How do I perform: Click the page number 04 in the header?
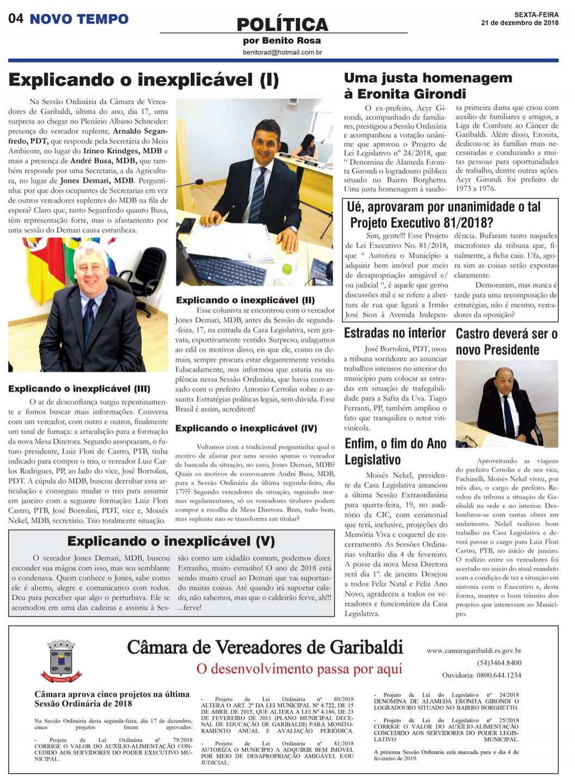pos(16,19)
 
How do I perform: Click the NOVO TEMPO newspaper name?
pos(79,20)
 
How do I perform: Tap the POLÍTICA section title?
pos(283,24)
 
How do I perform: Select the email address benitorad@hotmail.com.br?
pos(283,52)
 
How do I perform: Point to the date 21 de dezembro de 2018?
pos(520,23)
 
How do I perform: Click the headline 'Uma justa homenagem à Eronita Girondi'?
pos(428,85)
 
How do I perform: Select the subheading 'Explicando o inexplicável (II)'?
pos(245,300)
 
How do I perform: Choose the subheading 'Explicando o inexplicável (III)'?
pos(79,388)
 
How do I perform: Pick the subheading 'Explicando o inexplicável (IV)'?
pos(246,428)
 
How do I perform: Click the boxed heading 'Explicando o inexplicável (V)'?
pos(171,541)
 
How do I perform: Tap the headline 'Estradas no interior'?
pos(395,333)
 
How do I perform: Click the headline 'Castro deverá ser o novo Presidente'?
pos(507,341)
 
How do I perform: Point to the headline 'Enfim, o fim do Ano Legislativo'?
pos(396,451)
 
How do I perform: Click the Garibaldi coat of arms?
pos(61,661)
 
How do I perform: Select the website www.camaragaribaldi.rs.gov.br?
pos(474,650)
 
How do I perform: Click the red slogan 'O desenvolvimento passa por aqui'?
pos(299,668)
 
